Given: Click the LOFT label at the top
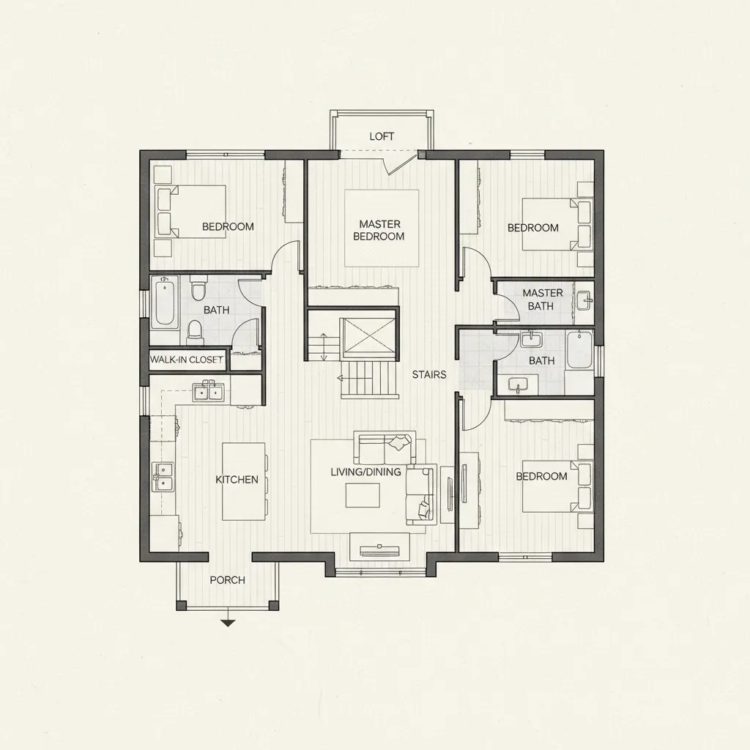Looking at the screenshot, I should (x=382, y=136).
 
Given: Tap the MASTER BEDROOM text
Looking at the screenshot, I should (x=378, y=230).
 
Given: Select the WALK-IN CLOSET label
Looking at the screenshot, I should (x=186, y=360).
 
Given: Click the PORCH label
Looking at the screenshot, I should (x=227, y=580).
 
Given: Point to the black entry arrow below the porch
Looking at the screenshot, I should (x=228, y=623).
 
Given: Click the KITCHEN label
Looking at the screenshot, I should (x=237, y=480).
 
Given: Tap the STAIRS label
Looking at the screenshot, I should (x=428, y=375).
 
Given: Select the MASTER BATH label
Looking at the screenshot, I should (x=542, y=299).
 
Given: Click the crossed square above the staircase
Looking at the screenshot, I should (x=370, y=338).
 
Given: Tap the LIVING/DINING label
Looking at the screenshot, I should (x=365, y=472).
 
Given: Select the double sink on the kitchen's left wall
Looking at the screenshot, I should (x=163, y=476).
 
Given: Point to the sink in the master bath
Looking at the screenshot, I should (x=584, y=299).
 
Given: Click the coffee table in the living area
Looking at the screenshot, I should (x=363, y=496).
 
